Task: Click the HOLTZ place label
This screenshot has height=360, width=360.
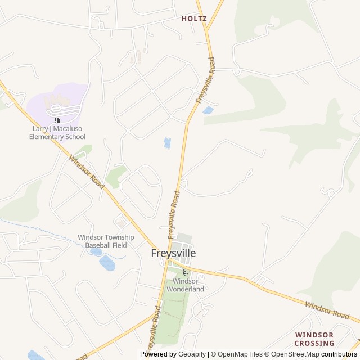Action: tap(194, 19)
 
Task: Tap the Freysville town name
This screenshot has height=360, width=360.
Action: tap(173, 253)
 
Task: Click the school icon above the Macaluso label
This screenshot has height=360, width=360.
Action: tap(56, 119)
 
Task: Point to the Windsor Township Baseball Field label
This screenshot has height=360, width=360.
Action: tap(106, 241)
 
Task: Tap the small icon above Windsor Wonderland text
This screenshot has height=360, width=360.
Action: tap(185, 272)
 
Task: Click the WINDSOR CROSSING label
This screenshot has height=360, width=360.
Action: tap(314, 339)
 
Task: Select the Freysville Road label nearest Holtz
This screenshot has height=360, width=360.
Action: tap(205, 79)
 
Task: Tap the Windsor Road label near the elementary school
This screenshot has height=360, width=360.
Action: tap(87, 172)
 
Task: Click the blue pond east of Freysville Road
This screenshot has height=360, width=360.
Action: tap(208, 110)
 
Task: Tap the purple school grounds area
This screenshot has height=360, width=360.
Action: tap(56, 104)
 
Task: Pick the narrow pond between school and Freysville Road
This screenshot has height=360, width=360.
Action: tap(167, 143)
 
